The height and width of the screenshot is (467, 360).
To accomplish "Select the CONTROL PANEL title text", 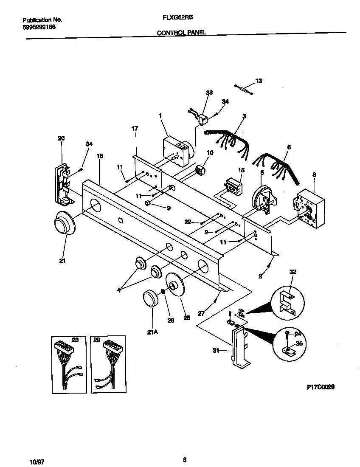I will click(182, 32).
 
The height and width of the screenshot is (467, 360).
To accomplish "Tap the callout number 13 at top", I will click(259, 81).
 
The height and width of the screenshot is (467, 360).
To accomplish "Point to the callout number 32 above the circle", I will click(292, 272).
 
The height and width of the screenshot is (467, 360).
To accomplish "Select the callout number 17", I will click(135, 128).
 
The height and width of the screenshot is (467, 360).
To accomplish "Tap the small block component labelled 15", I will click(233, 186).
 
